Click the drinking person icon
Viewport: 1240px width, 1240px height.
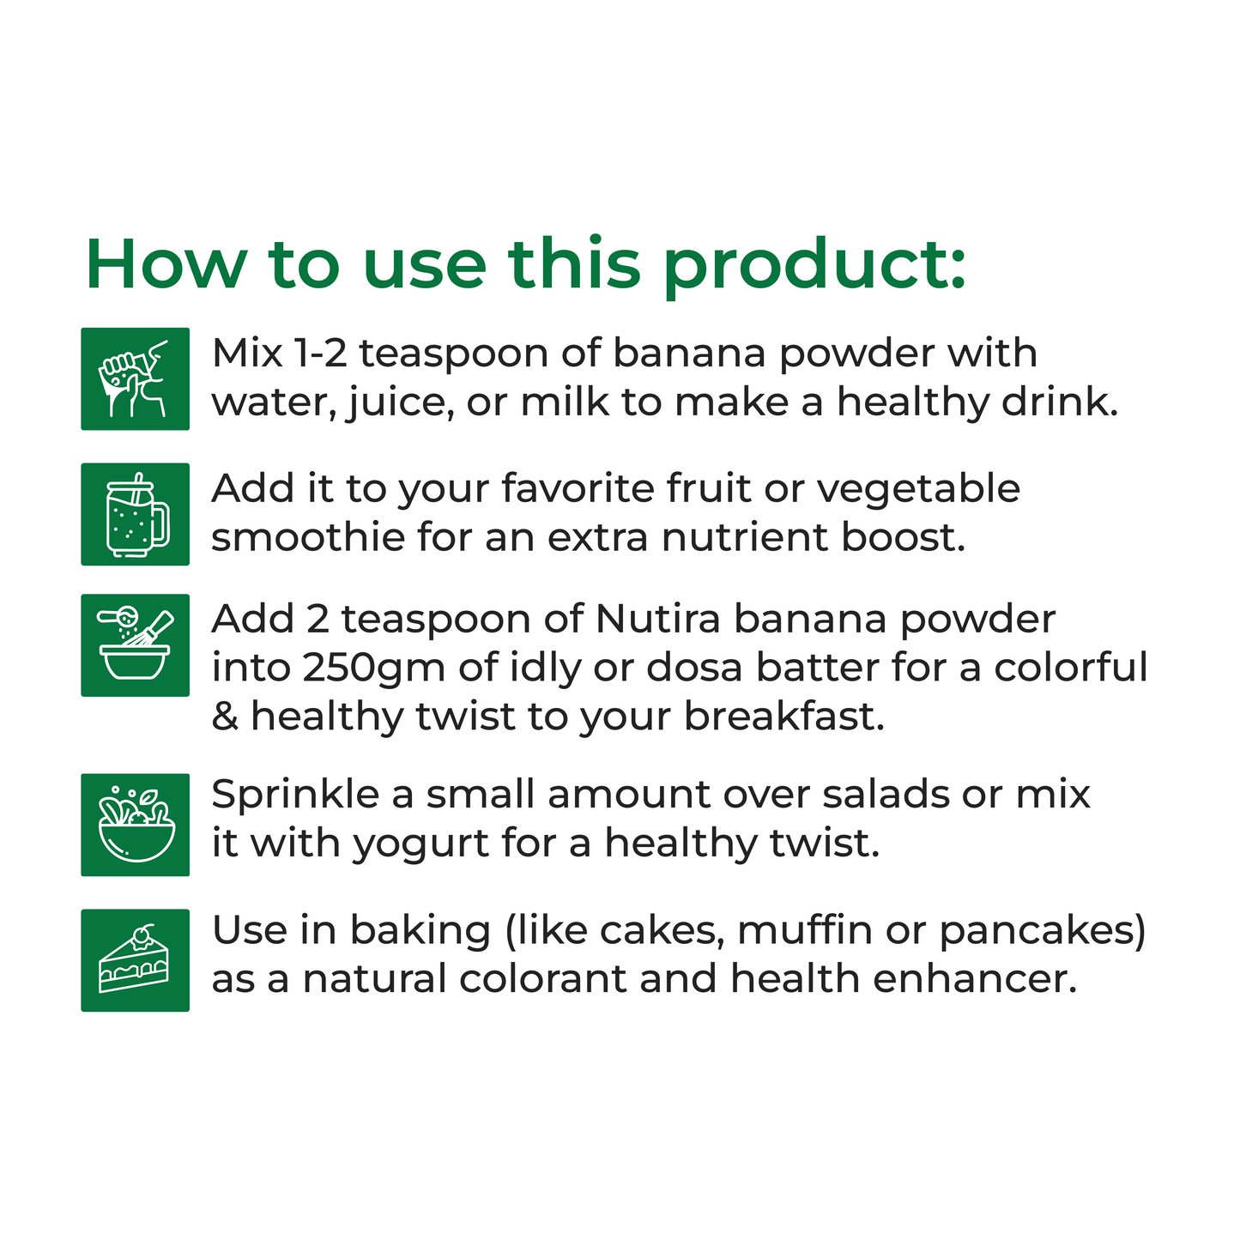(136, 378)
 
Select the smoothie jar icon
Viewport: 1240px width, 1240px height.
(136, 514)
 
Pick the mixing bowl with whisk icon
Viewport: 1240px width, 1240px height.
(136, 644)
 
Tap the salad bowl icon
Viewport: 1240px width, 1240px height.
(136, 824)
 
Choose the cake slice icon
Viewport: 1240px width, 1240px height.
(136, 959)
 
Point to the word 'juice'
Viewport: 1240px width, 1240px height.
(401, 403)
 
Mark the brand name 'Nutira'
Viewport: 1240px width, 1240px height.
(657, 620)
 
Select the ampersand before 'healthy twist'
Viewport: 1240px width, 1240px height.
(225, 717)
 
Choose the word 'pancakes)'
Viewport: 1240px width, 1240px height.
(1043, 932)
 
